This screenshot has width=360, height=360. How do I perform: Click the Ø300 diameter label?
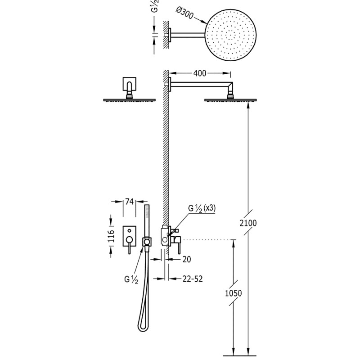point(185,13)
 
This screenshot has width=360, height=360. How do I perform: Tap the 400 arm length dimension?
point(200,73)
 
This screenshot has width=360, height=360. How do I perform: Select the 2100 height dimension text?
point(248,223)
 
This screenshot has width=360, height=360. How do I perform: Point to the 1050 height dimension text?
point(233,293)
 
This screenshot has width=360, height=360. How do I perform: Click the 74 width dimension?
point(129,202)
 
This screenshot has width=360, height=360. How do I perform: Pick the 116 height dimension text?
point(111,236)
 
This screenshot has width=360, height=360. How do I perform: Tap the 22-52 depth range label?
point(193,279)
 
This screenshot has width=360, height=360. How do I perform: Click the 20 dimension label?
point(187,260)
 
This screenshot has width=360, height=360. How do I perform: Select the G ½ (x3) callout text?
point(202,208)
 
